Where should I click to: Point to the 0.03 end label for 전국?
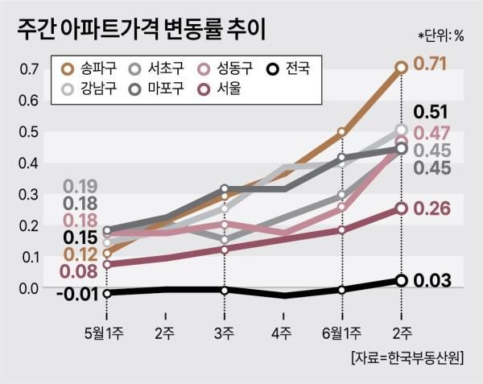431,280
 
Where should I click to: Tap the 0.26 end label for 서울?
431,209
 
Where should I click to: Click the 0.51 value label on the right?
430,112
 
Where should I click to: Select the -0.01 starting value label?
77,294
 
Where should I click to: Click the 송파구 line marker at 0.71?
401,68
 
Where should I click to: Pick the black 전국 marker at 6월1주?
342,290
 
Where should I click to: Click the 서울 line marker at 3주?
225,250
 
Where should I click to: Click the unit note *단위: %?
441,35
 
